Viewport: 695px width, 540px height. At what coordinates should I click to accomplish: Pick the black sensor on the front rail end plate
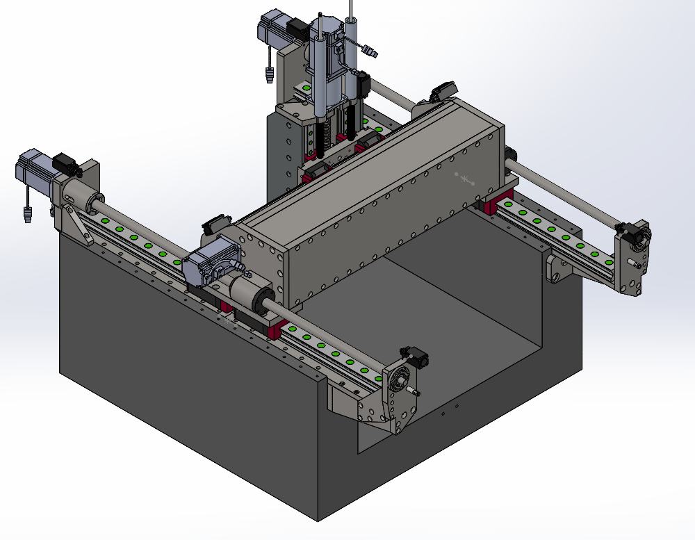(x=417, y=359)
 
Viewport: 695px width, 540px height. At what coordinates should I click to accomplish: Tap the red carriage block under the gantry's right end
(x=499, y=202)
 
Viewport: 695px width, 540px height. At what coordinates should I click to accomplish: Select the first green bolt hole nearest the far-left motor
(x=105, y=221)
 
